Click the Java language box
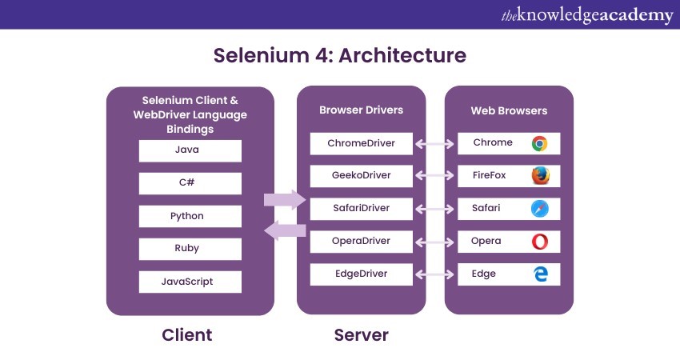pyautogui.click(x=190, y=150)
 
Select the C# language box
pyautogui.click(x=190, y=183)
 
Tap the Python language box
pyautogui.click(x=190, y=216)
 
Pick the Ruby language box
pyautogui.click(x=190, y=249)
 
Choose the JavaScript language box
pyautogui.click(x=190, y=282)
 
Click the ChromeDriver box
pyautogui.click(x=362, y=144)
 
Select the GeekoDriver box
pyautogui.click(x=362, y=176)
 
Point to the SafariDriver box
pyautogui.click(x=362, y=209)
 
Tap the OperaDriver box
pyautogui.click(x=362, y=242)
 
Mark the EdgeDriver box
pyautogui.click(x=362, y=274)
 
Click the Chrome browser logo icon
pyautogui.click(x=539, y=144)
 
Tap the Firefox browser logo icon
pyautogui.click(x=539, y=176)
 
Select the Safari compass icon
pyautogui.click(x=539, y=209)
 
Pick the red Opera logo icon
pyautogui.click(x=539, y=242)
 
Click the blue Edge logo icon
pyautogui.click(x=539, y=274)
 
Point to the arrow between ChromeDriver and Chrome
pyautogui.click(x=435, y=144)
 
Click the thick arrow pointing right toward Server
pyautogui.click(x=285, y=199)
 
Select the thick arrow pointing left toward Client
pyautogui.click(x=285, y=231)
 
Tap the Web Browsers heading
pyautogui.click(x=509, y=110)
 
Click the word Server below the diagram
pyautogui.click(x=361, y=334)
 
